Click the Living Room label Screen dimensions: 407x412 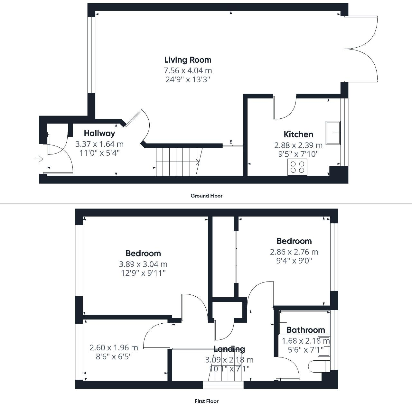point(188,60)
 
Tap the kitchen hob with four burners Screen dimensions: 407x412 point(297,167)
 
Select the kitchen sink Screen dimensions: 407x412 point(333,133)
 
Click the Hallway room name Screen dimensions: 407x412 point(99,133)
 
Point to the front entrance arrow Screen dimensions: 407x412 point(39,159)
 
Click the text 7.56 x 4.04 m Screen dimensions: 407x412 point(188,70)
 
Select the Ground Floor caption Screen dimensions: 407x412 point(206,196)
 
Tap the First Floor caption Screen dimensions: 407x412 point(206,401)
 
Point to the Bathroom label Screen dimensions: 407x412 point(305,330)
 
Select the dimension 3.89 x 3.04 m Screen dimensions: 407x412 point(143,264)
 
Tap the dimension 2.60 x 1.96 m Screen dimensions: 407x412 point(114,348)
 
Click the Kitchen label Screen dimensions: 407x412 point(298,134)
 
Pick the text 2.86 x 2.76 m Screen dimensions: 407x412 point(294,252)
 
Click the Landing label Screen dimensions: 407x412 point(229,349)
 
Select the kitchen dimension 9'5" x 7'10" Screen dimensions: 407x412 point(298,154)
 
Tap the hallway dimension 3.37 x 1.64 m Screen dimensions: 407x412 point(99,144)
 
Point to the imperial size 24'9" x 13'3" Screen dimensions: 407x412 point(188,79)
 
